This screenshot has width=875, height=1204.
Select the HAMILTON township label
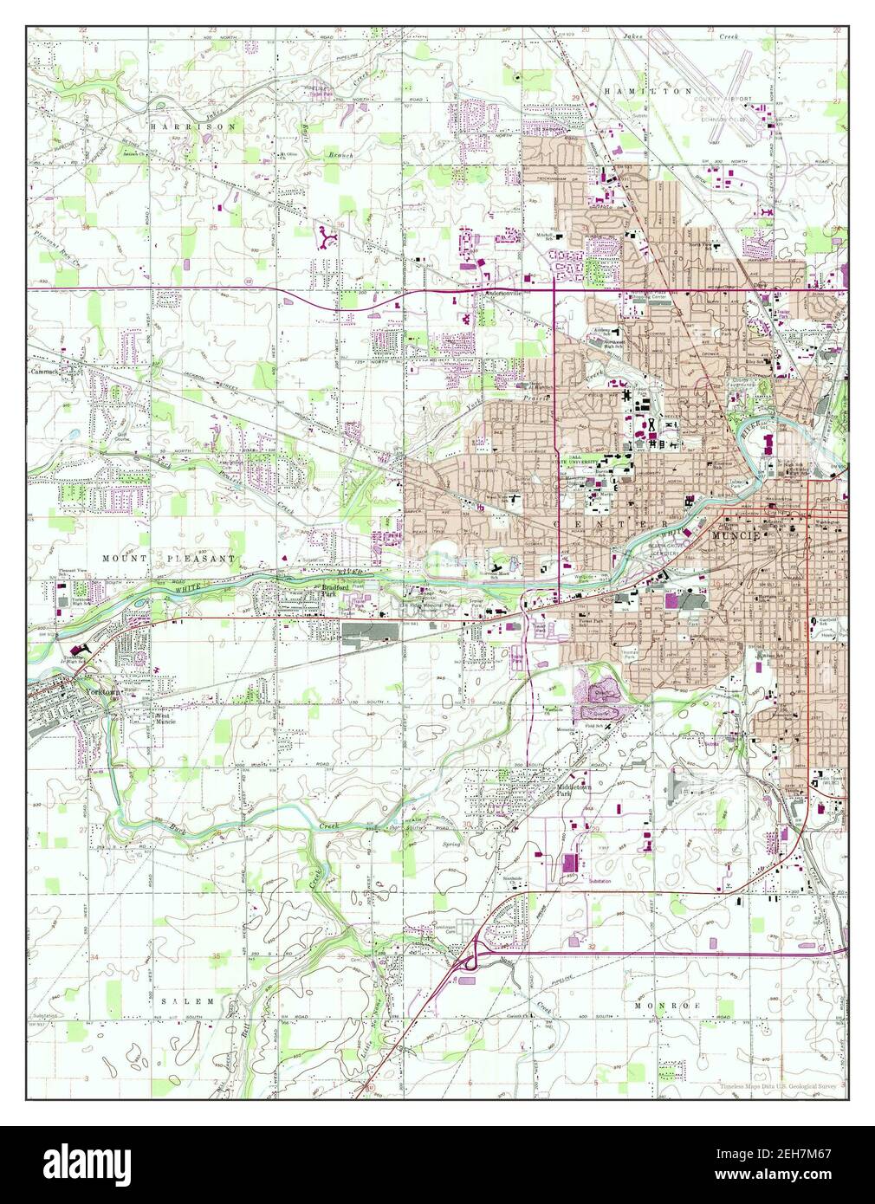coord(649,91)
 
